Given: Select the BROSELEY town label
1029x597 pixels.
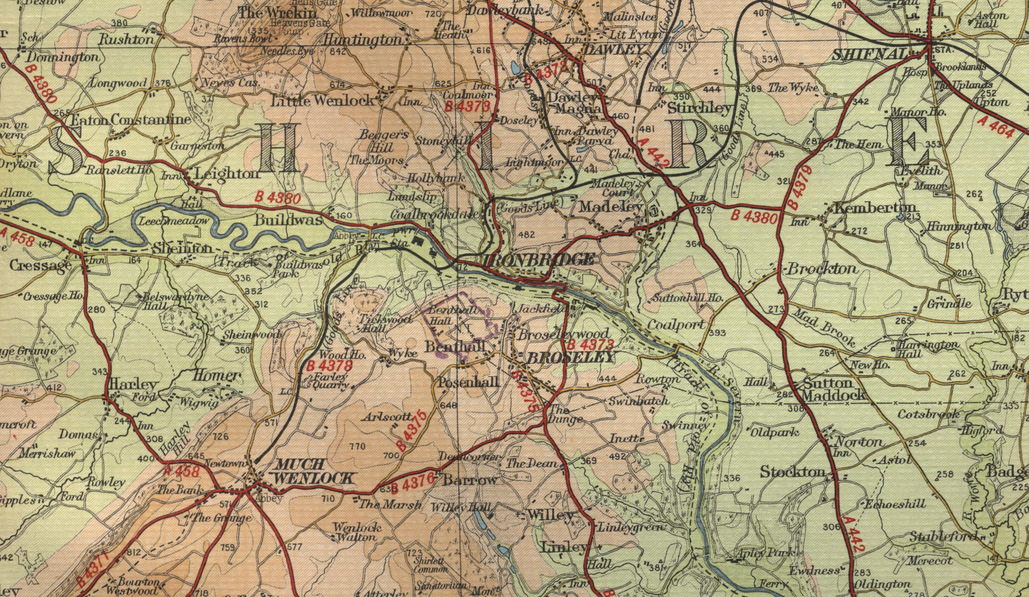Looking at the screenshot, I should (570, 358).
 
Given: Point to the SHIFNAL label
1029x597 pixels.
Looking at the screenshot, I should (869, 55).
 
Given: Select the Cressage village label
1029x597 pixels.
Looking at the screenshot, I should (41, 266).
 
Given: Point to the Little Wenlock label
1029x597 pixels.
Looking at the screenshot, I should (322, 101).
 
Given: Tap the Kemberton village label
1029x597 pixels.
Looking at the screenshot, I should (875, 207).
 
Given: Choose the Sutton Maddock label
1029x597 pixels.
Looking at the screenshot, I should (833, 389).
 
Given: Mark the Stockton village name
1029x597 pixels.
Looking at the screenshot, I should (792, 472).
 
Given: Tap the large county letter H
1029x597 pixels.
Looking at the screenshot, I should (280, 149).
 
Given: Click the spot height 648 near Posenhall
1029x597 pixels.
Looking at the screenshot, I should (449, 406).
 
